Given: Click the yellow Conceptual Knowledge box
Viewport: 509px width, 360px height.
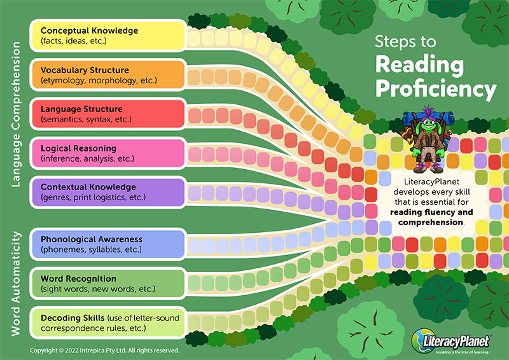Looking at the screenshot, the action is [x=108, y=36].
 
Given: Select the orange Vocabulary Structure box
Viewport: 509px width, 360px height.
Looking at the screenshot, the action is [x=108, y=74].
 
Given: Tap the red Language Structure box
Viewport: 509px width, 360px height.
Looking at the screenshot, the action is [x=108, y=114].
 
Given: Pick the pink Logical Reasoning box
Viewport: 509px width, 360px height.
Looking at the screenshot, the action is [x=108, y=153].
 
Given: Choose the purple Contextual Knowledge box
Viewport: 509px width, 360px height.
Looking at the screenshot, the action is [x=108, y=192].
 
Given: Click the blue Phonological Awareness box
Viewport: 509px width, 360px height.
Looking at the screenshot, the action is [x=108, y=244].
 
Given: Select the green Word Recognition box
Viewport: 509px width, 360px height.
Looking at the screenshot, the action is [x=108, y=284].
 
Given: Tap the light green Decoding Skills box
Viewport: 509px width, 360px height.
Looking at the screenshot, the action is [x=108, y=322].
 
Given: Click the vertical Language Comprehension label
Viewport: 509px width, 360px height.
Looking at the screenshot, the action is [x=15, y=114].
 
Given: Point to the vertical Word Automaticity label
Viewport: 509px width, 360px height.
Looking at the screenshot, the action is [x=15, y=284].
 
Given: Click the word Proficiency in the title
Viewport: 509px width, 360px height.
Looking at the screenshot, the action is [x=436, y=89].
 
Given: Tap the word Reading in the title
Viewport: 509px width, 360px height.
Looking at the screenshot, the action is [x=419, y=65].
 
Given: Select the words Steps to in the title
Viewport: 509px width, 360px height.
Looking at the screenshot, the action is [x=405, y=42].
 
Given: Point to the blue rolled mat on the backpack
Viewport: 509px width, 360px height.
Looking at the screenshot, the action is [x=426, y=117].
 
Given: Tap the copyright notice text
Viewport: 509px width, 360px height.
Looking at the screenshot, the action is [x=104, y=350].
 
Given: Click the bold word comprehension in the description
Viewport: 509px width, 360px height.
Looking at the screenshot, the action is [x=431, y=223].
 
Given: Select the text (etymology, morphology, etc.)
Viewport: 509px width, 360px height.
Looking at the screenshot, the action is [x=99, y=80].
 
